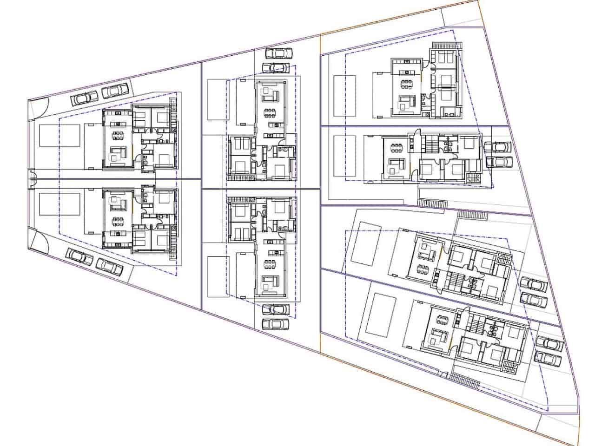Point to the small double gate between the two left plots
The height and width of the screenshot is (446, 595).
32,178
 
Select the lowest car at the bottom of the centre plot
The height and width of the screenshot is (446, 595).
274,323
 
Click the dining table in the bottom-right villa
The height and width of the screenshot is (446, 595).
442,320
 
